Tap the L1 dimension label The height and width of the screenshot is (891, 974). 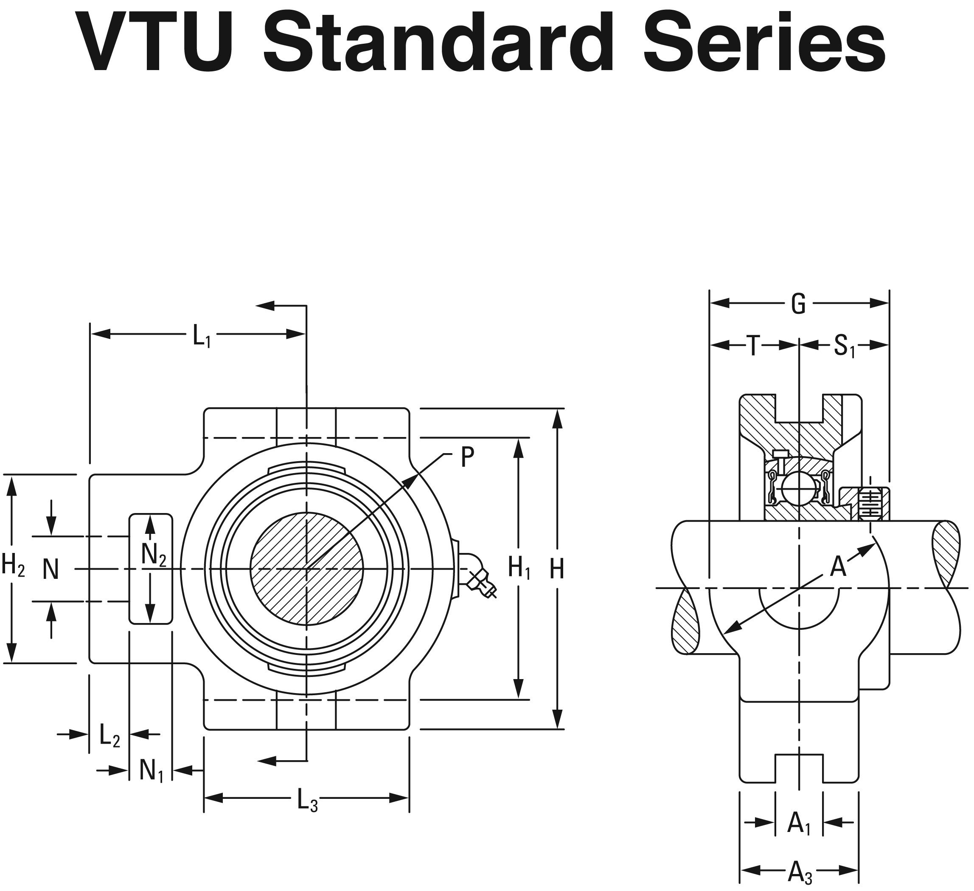click(x=202, y=336)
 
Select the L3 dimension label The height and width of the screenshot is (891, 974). click(x=307, y=799)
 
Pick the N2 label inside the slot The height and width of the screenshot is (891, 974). click(x=153, y=555)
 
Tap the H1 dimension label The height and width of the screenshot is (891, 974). click(x=519, y=568)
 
